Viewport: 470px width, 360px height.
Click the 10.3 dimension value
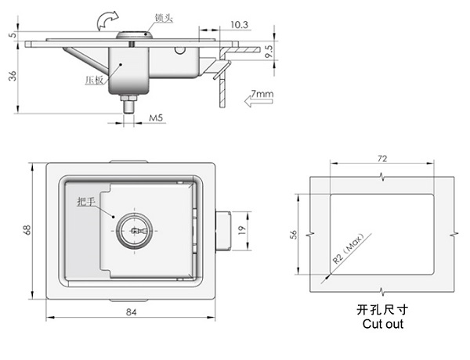[239, 24]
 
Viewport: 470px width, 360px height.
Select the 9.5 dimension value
[269, 52]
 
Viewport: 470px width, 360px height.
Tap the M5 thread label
[156, 117]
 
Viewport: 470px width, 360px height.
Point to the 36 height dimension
[13, 76]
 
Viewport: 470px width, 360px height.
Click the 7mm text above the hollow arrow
[262, 94]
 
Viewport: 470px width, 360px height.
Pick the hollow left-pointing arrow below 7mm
[258, 101]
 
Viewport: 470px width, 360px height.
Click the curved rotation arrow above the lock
[107, 20]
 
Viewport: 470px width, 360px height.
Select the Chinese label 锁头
[164, 18]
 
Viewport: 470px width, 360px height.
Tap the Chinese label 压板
[94, 81]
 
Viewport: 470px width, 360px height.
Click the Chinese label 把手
[86, 202]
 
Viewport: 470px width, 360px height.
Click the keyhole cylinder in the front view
[134, 231]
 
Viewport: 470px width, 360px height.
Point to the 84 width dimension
[131, 312]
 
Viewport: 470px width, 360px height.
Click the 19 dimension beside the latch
[241, 230]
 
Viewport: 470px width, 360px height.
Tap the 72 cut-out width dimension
[382, 158]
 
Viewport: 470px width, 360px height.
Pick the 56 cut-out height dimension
[294, 234]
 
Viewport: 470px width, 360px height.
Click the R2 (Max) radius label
[349, 248]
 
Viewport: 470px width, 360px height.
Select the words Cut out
[383, 324]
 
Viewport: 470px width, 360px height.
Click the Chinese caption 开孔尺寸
[382, 309]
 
